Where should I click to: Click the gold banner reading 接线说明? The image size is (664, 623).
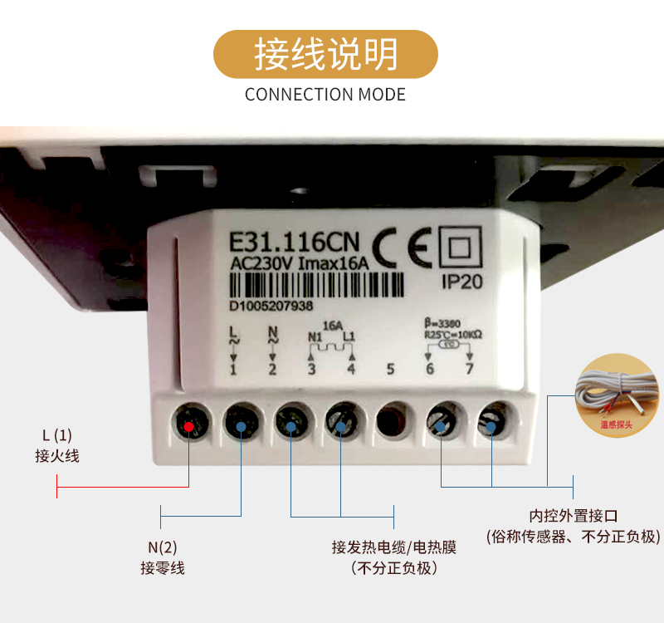[x=325, y=54]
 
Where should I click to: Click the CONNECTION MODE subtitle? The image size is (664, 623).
[x=325, y=94]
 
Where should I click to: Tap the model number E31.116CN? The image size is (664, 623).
[x=295, y=243]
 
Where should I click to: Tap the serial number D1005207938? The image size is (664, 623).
[x=271, y=307]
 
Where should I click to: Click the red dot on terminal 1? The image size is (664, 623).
[x=190, y=427]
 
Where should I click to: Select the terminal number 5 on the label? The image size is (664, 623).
[x=390, y=368]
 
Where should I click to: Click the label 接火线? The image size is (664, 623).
[x=57, y=456]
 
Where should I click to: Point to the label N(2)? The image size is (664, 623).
[x=163, y=547]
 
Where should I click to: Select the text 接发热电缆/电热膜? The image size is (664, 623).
[x=393, y=547]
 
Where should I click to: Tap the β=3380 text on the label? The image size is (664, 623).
[x=442, y=321]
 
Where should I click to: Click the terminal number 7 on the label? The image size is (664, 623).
[x=470, y=368]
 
